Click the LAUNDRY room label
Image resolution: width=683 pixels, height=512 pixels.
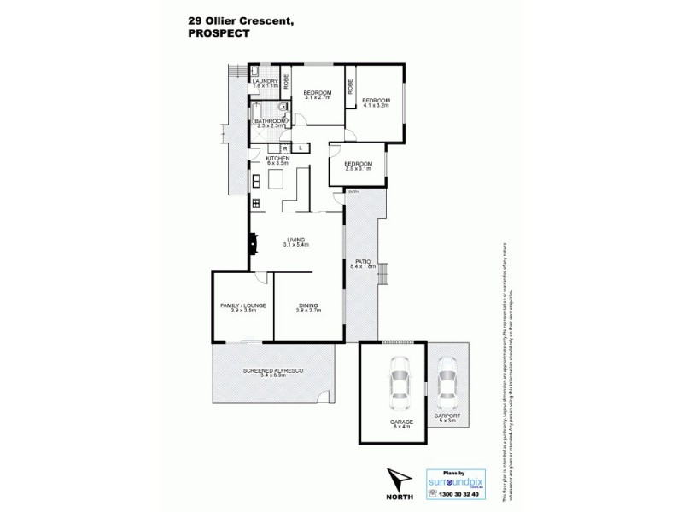(x=266, y=84)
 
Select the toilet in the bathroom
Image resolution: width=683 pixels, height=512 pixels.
(x=283, y=108)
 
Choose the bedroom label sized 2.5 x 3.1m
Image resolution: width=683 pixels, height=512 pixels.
(x=358, y=166)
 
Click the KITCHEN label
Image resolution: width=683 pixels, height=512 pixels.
(x=279, y=159)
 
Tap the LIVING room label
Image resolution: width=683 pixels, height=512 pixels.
(x=296, y=242)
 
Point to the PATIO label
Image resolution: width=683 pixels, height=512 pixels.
(x=361, y=264)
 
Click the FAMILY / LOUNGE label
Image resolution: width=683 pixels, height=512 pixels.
(x=242, y=306)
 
